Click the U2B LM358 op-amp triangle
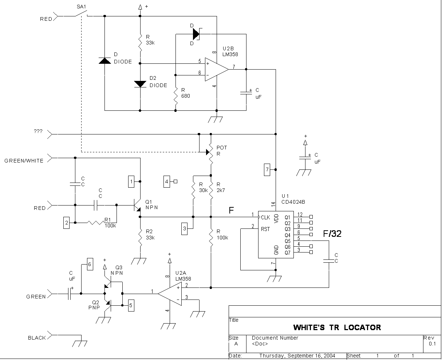[216, 69]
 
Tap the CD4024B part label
[293, 201]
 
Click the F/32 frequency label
[332, 234]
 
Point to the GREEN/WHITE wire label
[24, 161]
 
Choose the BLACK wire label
[37, 338]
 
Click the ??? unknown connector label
[38, 132]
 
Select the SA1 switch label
[82, 7]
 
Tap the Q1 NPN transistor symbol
[137, 205]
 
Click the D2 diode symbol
[140, 84]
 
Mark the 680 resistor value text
[186, 96]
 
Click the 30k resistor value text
[203, 190]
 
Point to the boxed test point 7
[267, 170]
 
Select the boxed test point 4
[167, 181]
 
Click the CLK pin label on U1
[265, 218]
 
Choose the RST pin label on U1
[265, 229]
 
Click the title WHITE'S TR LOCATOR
[337, 328]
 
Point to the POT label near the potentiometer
[222, 148]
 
